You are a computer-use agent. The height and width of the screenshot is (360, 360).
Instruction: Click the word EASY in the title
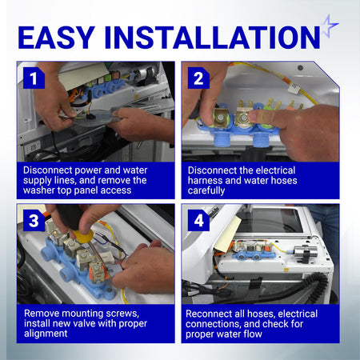[57, 37]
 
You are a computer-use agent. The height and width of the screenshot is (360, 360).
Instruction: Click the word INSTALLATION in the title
[212, 37]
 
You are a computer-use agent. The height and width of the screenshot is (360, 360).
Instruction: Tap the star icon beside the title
[330, 26]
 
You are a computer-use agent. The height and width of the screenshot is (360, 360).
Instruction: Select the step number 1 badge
[34, 78]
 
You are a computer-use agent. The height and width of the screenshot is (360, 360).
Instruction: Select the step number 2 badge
[198, 78]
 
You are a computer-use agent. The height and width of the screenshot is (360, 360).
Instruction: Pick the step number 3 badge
[34, 221]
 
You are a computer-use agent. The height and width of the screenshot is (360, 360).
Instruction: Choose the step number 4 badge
[198, 221]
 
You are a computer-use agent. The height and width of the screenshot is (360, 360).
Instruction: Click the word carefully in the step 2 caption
[206, 190]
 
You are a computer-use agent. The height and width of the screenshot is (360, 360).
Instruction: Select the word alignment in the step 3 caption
[46, 334]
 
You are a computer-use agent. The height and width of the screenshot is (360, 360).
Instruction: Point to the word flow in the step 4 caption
[253, 334]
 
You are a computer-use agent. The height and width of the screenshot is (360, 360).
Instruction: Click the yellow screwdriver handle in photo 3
[83, 236]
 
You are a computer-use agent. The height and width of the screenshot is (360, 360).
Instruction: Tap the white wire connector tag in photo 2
[294, 88]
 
